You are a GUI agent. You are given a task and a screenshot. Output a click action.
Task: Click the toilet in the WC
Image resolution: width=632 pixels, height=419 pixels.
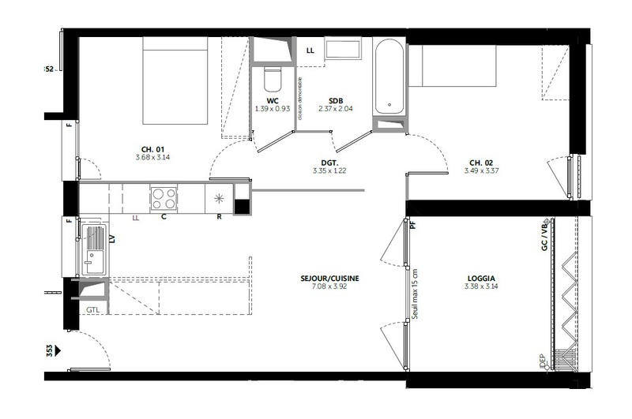click(x=273, y=80)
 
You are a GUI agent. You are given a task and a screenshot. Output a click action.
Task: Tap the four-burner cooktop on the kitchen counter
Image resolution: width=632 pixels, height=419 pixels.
click(x=164, y=195)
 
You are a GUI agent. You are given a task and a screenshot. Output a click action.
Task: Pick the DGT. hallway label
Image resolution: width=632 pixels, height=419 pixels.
click(x=330, y=162)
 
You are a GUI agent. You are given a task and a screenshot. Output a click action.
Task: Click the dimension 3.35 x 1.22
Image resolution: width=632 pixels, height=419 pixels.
click(x=330, y=170)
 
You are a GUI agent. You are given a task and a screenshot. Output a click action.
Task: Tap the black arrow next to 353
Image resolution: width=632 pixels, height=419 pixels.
click(x=58, y=344)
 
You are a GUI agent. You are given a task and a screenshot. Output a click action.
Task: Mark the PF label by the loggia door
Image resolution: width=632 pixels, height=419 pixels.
click(x=413, y=224)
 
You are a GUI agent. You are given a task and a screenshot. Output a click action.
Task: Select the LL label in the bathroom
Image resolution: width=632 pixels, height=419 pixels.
click(x=310, y=51)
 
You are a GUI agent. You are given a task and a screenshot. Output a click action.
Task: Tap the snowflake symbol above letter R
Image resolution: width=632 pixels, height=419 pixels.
click(x=220, y=196)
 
